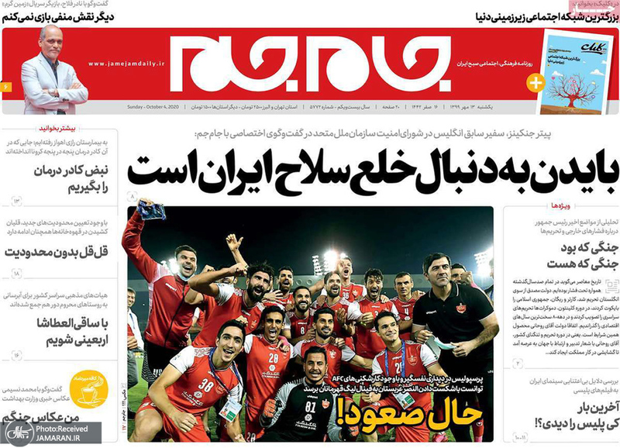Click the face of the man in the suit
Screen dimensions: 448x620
click(53, 43)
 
